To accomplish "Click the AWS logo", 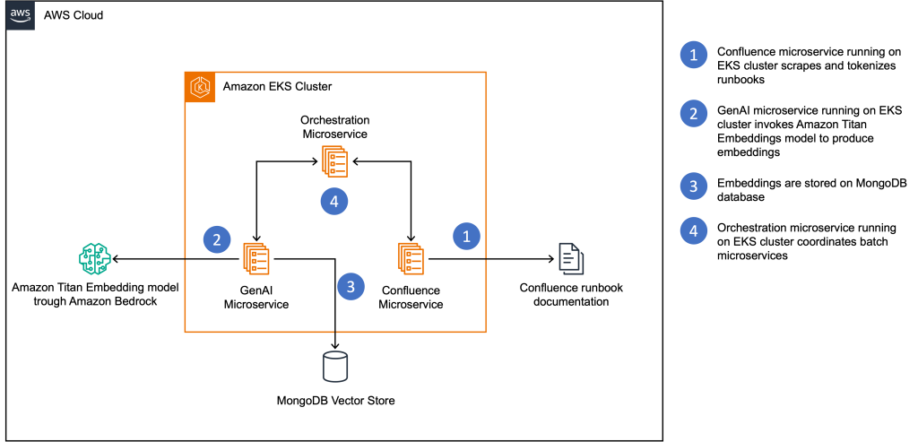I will [21, 15].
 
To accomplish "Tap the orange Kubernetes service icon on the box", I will [200, 88].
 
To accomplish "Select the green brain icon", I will [95, 258].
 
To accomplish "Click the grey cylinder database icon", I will [335, 367].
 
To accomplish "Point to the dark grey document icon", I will [571, 258].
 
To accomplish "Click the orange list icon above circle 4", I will [334, 161].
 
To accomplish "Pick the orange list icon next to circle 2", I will [256, 258].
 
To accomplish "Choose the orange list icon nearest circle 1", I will [411, 258].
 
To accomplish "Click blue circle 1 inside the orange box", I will [466, 236].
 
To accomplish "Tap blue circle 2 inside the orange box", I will [217, 239].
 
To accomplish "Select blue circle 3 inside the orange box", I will [351, 286].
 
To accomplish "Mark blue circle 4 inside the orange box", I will [334, 202].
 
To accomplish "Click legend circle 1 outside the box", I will [693, 55].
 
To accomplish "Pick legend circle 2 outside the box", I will [693, 114].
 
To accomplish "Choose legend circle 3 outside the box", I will [693, 186].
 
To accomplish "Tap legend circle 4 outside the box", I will [693, 231].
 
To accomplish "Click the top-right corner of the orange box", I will [486, 72].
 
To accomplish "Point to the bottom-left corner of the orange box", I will [185, 332].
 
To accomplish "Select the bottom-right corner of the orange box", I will [486, 332].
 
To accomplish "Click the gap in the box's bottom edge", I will [335, 332].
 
